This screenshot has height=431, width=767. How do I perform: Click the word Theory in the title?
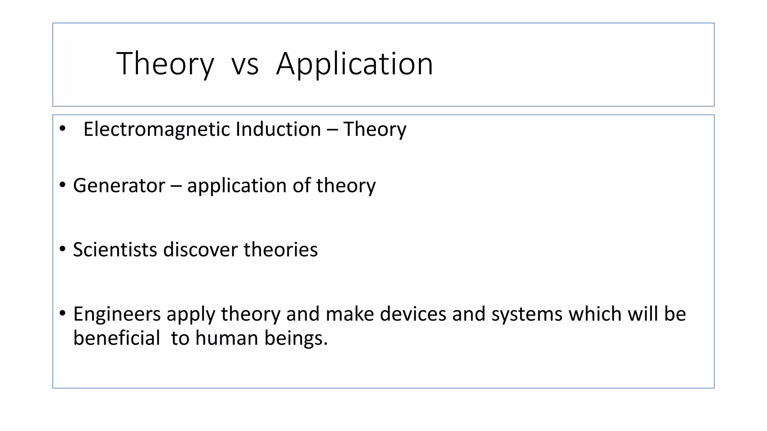click(x=165, y=64)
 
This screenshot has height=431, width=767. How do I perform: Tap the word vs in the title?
click(x=245, y=64)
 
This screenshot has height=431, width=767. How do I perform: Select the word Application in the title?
click(x=354, y=64)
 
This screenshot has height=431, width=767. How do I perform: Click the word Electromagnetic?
click(x=157, y=129)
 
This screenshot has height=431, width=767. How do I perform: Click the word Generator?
click(x=119, y=186)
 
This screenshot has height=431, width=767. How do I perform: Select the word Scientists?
click(x=115, y=250)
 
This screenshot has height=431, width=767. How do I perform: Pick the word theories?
click(x=281, y=250)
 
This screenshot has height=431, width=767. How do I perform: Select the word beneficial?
click(x=116, y=338)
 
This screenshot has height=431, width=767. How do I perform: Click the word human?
click(x=227, y=338)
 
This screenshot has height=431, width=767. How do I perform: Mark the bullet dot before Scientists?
click(x=63, y=249)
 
